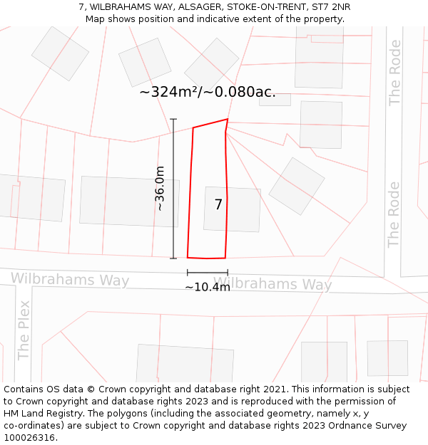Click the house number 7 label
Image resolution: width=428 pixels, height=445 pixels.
(218, 205)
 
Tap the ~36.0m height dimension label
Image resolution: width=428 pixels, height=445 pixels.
(160, 189)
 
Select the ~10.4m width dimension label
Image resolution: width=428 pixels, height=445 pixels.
(208, 287)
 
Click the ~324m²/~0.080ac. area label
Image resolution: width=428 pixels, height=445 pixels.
(208, 92)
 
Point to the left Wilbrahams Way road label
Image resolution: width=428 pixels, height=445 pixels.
(70, 279)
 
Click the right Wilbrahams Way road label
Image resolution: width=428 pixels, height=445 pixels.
(272, 284)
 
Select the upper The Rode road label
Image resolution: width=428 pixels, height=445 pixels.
(394, 73)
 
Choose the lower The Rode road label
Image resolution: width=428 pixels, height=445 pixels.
(394, 214)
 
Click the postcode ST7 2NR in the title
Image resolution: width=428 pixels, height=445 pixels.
(330, 7)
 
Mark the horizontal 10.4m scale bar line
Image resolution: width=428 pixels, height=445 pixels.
(208, 273)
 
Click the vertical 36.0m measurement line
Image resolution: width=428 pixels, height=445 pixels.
(173, 189)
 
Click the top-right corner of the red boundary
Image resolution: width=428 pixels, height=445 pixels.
(228, 119)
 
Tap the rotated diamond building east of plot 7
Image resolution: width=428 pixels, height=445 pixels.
(297, 186)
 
